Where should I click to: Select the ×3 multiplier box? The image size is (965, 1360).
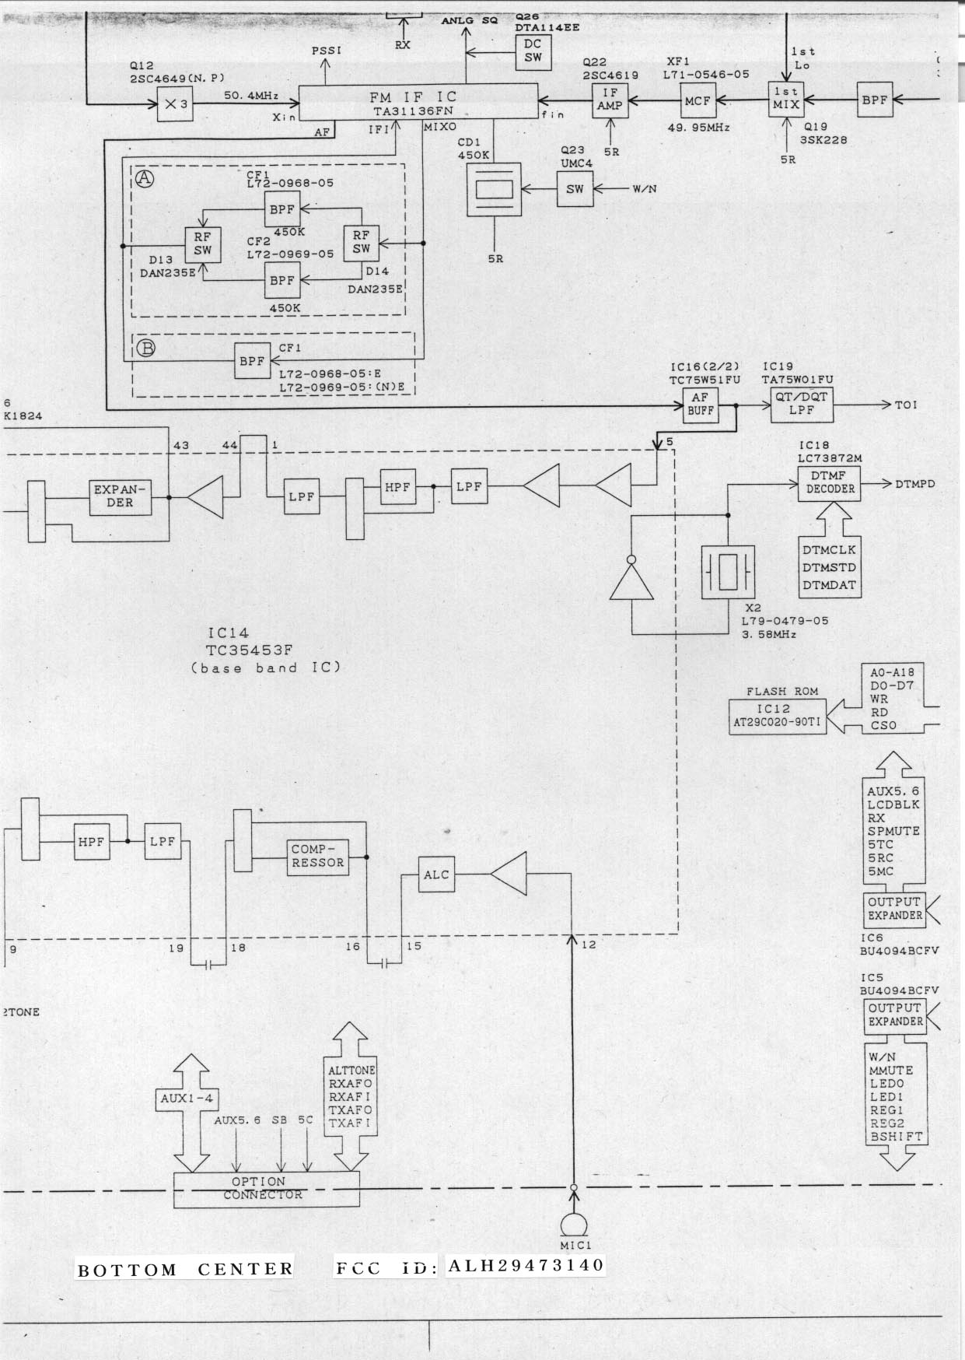[175, 104]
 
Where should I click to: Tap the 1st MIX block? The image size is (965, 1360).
[785, 99]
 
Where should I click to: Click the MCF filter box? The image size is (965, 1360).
[698, 101]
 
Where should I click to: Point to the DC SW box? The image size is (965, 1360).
[533, 51]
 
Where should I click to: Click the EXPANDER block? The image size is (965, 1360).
[120, 496]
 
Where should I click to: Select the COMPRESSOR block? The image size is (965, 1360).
[317, 857]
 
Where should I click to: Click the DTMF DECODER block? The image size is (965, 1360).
[830, 483]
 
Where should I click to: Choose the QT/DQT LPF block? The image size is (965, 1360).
[801, 403]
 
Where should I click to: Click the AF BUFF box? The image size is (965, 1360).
[700, 405]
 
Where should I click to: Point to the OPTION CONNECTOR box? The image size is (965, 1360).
[266, 1189]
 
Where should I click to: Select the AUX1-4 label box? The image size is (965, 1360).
[187, 1099]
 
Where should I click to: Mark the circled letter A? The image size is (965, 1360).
[145, 179]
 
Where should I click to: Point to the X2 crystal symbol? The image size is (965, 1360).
[728, 573]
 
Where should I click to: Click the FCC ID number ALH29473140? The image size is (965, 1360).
[526, 1266]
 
